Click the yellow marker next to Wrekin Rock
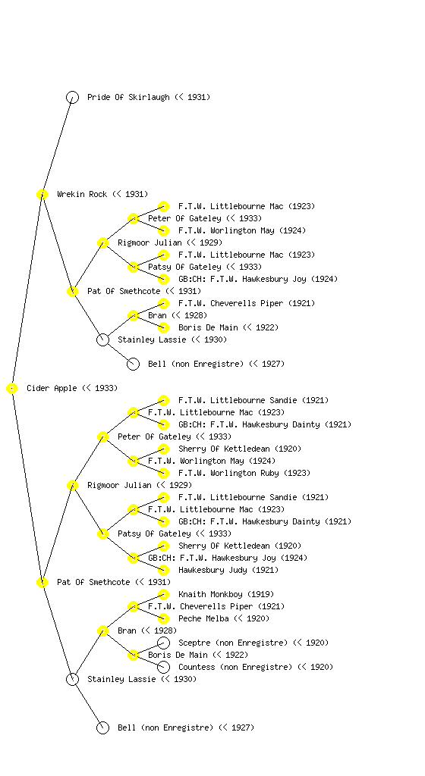click(x=42, y=194)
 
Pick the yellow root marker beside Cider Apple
click(x=12, y=388)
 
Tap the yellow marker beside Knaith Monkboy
click(x=163, y=594)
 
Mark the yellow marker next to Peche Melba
click(x=163, y=618)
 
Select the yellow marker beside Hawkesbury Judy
click(x=163, y=570)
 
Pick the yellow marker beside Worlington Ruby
click(x=163, y=473)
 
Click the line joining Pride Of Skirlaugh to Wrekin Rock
click(x=57, y=145)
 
